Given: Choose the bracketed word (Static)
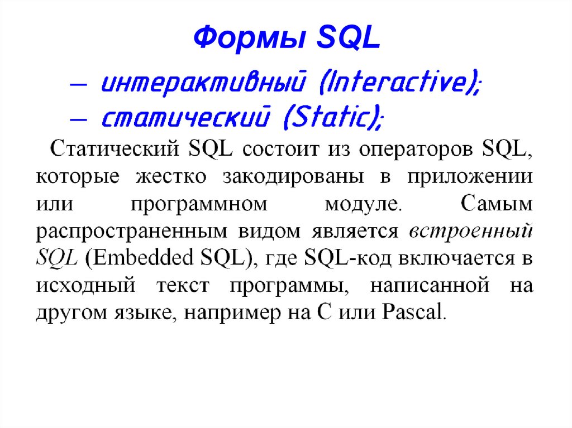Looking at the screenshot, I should (x=329, y=118).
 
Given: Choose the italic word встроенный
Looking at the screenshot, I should (x=471, y=231).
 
